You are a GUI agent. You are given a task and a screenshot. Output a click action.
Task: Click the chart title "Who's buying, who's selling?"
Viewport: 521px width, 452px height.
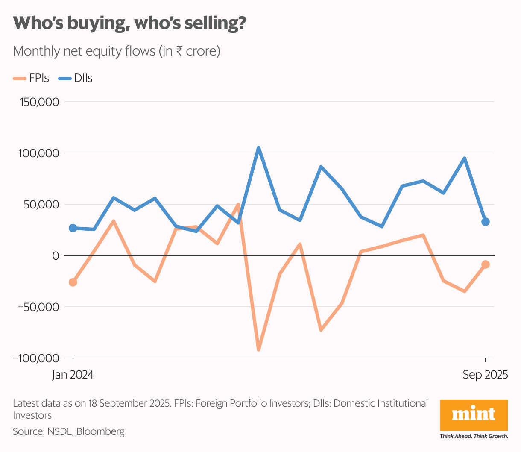(x=130, y=23)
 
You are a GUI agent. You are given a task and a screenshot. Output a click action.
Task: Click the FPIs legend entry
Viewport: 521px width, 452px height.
(x=32, y=79)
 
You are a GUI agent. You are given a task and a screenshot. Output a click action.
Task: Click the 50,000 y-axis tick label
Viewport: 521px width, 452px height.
(x=41, y=205)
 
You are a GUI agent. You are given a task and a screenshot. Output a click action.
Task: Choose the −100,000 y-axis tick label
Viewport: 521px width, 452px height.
(x=36, y=358)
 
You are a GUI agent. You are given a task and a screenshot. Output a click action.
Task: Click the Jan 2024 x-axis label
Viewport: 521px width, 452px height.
(x=73, y=375)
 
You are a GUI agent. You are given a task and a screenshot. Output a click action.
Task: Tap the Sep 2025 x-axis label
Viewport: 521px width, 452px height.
(x=486, y=375)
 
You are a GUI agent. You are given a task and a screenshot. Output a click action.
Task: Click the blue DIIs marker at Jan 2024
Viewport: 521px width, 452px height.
(x=73, y=228)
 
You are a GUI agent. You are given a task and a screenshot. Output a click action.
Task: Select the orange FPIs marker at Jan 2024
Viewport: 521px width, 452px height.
(x=73, y=282)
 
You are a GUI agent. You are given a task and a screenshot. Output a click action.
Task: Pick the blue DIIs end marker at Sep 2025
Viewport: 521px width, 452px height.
(x=486, y=222)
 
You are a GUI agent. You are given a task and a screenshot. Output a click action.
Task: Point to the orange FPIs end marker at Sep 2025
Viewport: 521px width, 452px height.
(x=486, y=265)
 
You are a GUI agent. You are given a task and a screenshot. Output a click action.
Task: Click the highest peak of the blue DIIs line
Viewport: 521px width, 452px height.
(x=258, y=148)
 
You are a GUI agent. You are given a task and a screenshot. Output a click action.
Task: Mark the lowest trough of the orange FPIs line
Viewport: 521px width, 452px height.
(x=258, y=349)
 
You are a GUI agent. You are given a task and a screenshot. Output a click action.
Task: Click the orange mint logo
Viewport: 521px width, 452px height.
(x=474, y=415)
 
